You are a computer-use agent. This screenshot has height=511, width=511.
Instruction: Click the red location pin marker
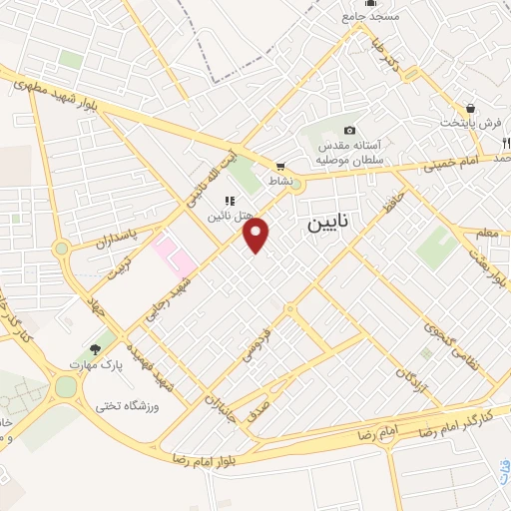tap(257, 235)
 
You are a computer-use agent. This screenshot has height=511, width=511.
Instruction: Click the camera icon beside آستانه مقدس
tap(349, 131)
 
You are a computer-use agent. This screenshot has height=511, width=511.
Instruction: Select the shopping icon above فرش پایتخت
tap(470, 108)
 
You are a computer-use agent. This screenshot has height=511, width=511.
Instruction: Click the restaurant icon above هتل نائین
tap(230, 201)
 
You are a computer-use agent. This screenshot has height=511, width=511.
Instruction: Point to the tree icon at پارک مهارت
tap(95, 348)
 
